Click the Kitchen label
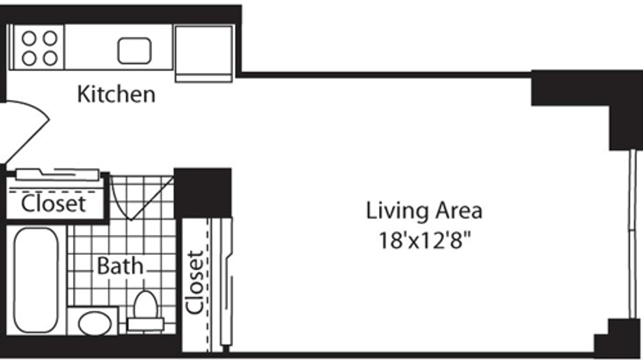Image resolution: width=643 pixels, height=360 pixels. (116, 94)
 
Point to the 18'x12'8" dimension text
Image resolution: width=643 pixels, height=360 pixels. (424, 240)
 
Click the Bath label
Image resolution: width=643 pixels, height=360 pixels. (120, 266)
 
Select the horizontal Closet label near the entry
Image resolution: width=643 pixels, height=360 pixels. (53, 204)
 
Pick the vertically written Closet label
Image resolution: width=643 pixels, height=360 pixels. (195, 282)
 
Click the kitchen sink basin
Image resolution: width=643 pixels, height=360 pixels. (134, 50)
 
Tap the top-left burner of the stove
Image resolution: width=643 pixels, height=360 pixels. (29, 38)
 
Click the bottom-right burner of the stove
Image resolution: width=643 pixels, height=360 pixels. (50, 58)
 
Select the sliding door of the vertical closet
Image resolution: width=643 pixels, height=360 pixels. (225, 284)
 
